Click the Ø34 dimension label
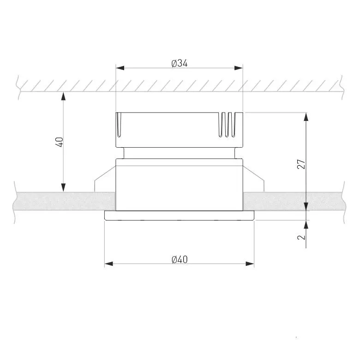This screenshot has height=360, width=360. click(x=180, y=63)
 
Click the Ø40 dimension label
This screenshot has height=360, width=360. click(x=180, y=259)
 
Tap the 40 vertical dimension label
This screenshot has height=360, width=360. click(x=60, y=142)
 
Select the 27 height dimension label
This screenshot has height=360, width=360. click(x=301, y=164)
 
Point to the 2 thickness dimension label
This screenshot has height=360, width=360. click(x=301, y=237)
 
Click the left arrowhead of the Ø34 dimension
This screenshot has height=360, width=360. click(x=120, y=68)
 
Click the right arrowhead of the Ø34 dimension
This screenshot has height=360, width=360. click(x=239, y=68)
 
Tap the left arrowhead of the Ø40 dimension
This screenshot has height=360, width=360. click(x=109, y=264)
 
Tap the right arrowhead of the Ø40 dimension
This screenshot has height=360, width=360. click(x=250, y=264)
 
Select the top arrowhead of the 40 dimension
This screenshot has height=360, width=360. click(x=63, y=96)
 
